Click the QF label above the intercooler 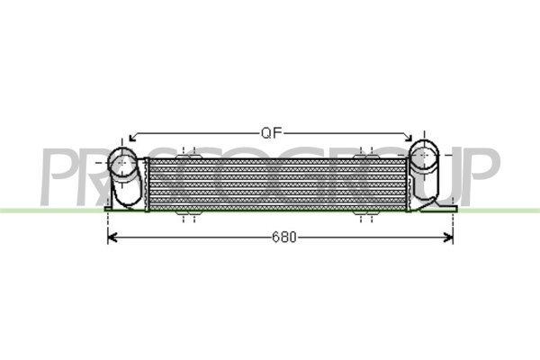(273, 133)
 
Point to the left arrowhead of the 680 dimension (112, 238)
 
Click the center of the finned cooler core (274, 184)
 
